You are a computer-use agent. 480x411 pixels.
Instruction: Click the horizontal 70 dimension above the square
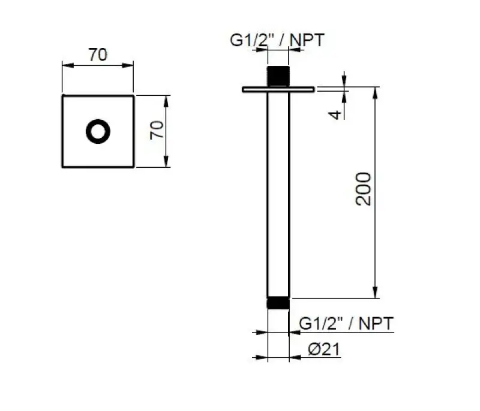point(98,55)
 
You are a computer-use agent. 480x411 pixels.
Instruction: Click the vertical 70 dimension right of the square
point(156,131)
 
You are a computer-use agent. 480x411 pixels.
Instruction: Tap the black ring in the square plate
point(98,131)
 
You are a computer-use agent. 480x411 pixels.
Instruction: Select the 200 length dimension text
point(364,189)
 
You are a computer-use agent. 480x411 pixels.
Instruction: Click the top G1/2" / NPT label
point(277,41)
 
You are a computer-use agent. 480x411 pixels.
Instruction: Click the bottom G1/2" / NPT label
point(346,324)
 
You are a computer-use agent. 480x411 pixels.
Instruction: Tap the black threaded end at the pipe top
point(277,77)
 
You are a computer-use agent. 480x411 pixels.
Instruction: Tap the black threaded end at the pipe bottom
point(278,303)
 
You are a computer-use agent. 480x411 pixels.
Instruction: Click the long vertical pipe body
point(278,192)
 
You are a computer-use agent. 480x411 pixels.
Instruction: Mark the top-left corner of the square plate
point(62,95)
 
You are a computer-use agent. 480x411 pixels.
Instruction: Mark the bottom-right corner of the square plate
point(134,167)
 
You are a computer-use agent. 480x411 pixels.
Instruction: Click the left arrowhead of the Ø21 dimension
point(262,358)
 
